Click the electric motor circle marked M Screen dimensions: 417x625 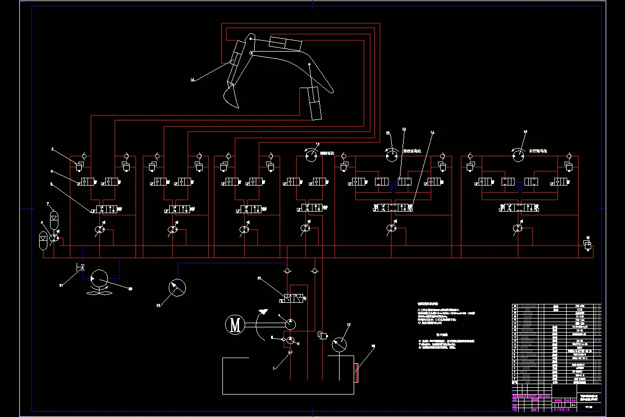click(x=235, y=325)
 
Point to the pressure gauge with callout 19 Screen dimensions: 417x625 click(x=178, y=287)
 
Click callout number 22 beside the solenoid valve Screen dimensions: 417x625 click(x=258, y=279)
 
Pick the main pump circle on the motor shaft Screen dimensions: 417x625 click(x=287, y=324)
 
